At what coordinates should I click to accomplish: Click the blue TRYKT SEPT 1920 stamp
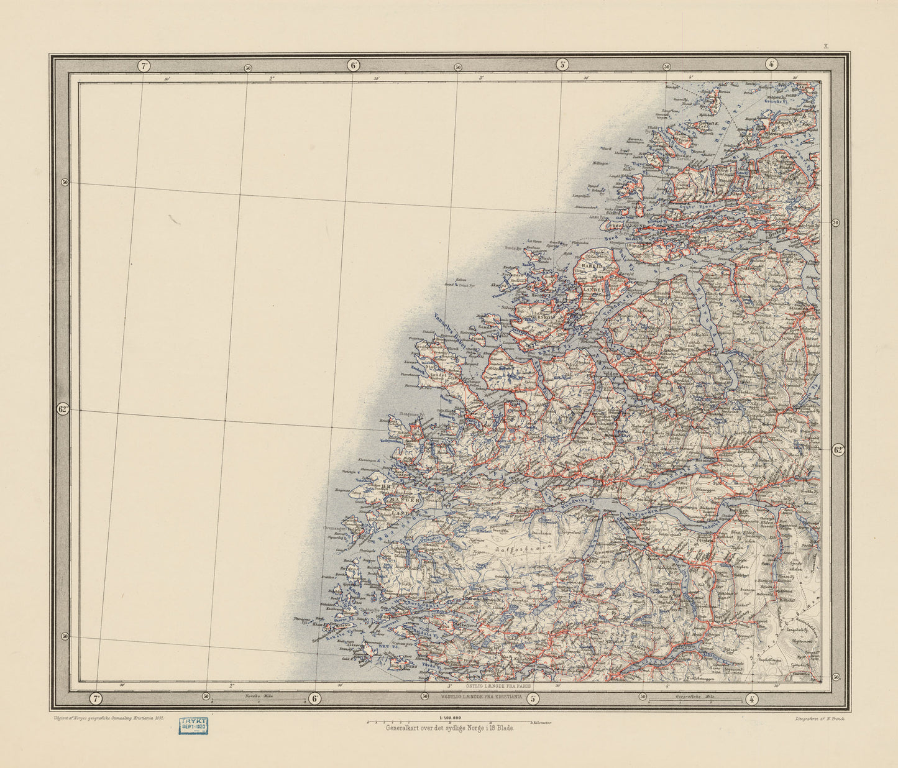[193, 725]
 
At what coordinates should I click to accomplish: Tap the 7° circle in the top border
[144, 65]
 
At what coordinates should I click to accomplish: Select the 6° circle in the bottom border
[315, 698]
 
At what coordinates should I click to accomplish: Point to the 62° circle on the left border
[62, 409]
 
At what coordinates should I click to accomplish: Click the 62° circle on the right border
[838, 450]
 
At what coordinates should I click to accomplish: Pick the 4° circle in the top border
[771, 63]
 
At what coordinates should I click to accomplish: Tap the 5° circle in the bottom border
[533, 698]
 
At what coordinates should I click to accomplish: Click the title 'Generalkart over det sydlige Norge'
[450, 728]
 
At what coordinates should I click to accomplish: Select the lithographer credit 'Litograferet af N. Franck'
[822, 718]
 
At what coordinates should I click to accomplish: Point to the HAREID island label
[591, 265]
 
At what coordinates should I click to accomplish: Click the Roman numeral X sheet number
[826, 46]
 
